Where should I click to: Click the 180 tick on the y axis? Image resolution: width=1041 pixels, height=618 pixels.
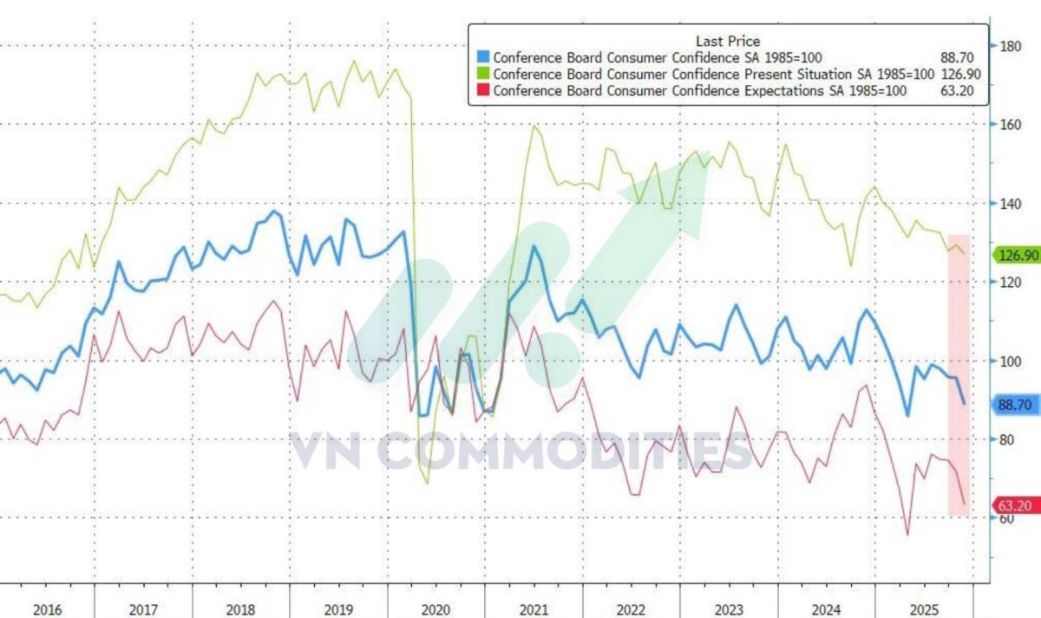tap(1010, 46)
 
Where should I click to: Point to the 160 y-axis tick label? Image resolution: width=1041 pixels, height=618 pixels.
tap(1010, 125)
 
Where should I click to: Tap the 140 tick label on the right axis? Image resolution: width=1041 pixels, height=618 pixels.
tap(1010, 204)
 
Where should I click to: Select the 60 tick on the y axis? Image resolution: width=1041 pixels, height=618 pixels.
tap(1006, 518)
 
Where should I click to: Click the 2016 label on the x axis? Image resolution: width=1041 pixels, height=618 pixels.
tap(49, 610)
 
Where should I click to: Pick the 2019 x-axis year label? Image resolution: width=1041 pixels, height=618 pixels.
tap(339, 610)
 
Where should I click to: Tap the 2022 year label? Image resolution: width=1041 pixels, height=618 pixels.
tap(632, 610)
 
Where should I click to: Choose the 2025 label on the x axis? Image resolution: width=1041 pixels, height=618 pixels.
tap(924, 610)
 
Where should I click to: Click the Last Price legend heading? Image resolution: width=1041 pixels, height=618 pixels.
tap(728, 42)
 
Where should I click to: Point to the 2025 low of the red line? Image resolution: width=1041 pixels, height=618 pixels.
tap(907, 535)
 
